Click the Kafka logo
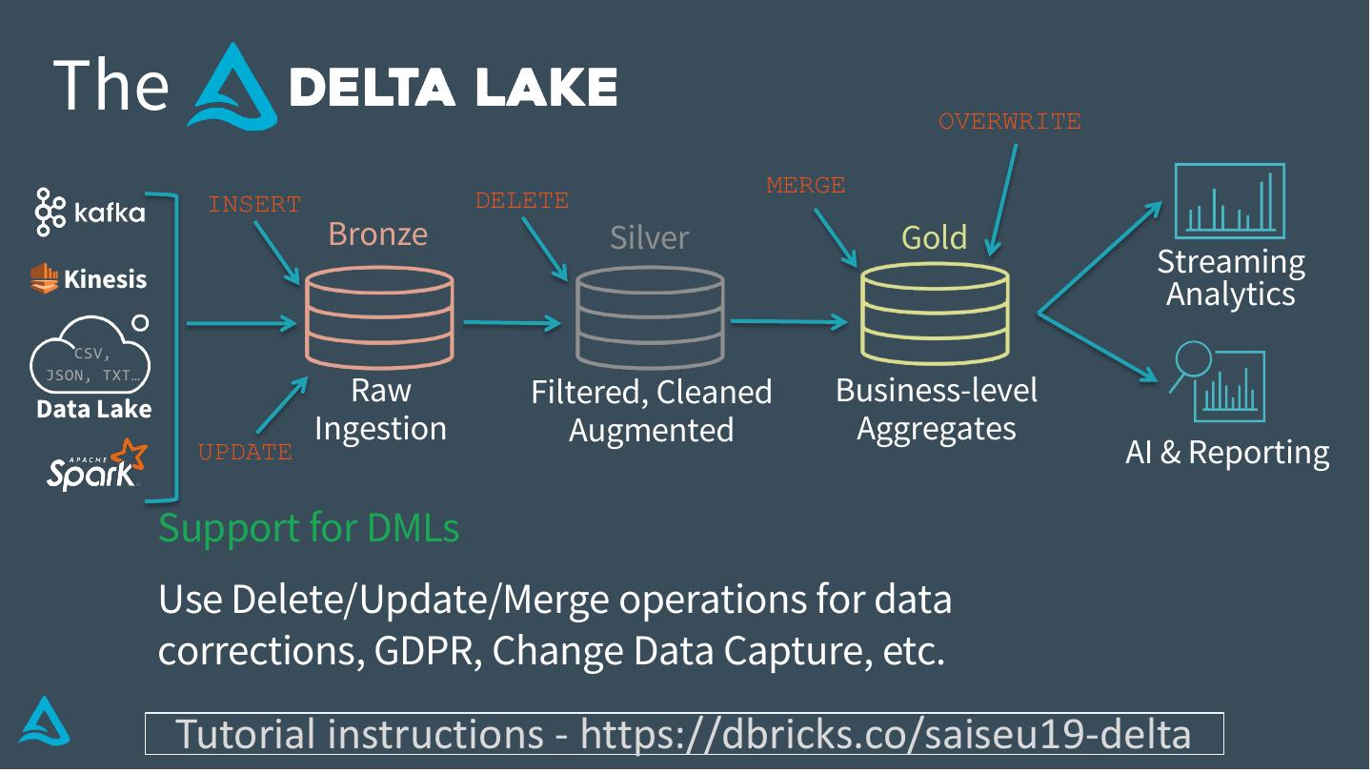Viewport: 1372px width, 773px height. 91,212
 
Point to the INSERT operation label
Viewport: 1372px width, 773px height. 254,205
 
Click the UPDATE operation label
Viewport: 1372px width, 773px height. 245,453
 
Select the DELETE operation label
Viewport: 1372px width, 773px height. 521,201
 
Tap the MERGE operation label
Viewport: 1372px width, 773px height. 805,186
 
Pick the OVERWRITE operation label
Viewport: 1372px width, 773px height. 1010,122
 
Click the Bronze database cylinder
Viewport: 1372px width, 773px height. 379,315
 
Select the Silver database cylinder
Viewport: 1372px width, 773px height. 650,317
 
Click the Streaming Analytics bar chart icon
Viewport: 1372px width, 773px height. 1229,201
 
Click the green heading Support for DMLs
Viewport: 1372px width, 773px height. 309,527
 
